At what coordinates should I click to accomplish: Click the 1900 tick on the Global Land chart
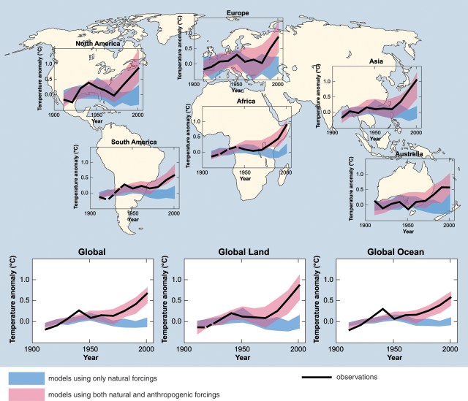(x=185, y=349)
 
